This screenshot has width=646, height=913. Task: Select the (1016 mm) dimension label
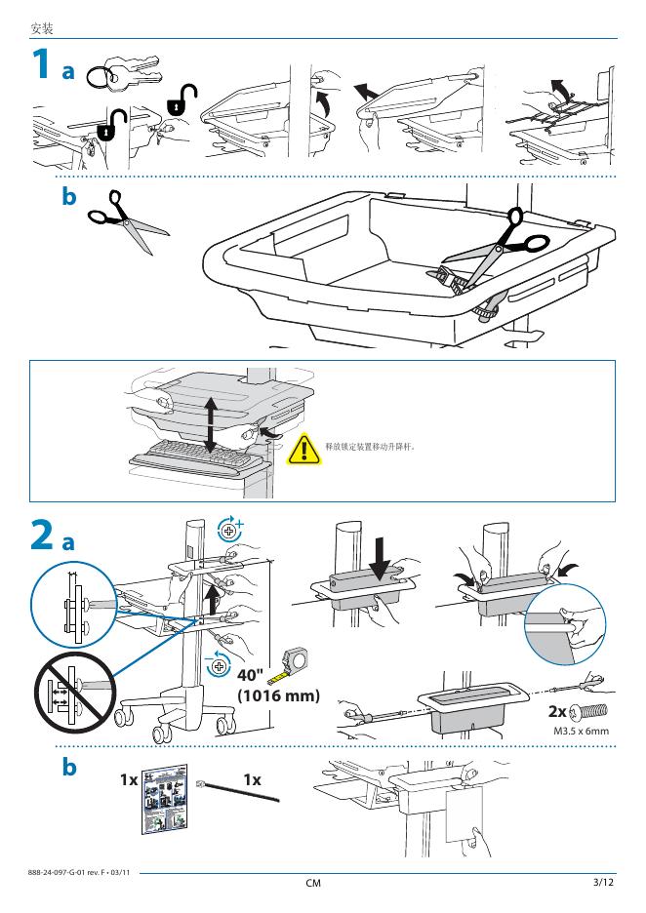tap(279, 695)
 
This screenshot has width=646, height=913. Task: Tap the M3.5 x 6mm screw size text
tap(582, 730)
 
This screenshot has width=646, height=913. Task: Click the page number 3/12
tap(603, 883)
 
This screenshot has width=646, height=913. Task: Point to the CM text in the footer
tap(313, 884)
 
